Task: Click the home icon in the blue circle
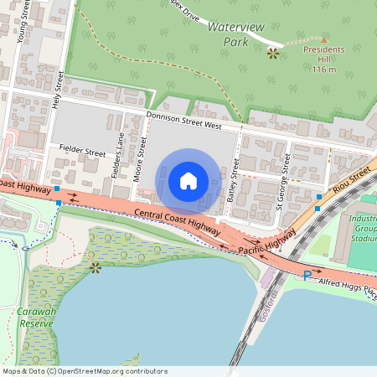click(x=188, y=180)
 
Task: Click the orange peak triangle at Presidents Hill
click(x=324, y=39)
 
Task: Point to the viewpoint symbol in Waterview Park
click(x=272, y=53)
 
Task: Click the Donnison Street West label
click(x=183, y=121)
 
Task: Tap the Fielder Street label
click(x=82, y=153)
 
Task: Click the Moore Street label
click(x=142, y=157)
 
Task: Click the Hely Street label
click(x=59, y=89)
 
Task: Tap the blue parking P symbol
click(x=307, y=276)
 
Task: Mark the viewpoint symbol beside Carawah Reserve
click(x=96, y=268)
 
